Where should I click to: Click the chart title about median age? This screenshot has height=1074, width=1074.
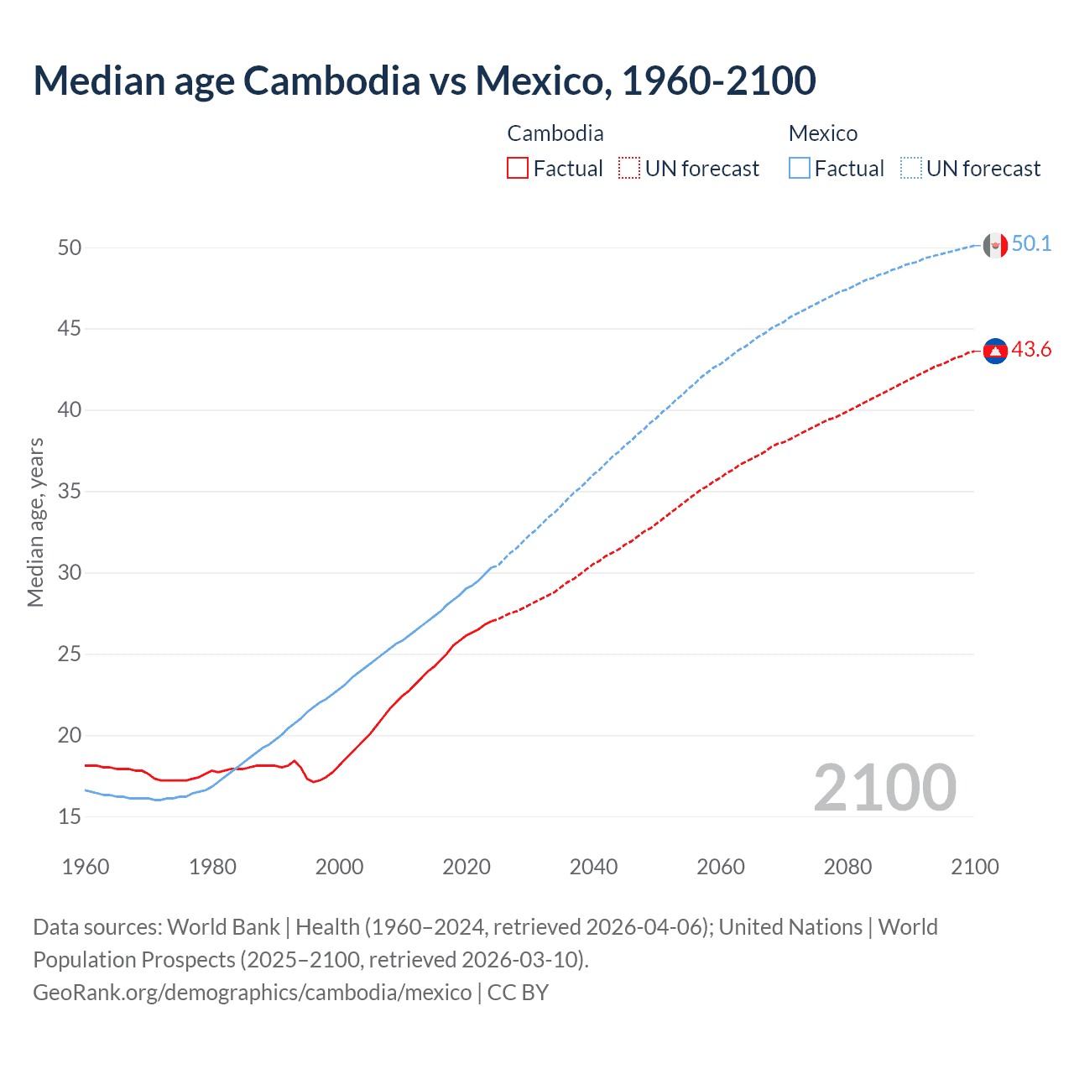coord(424,81)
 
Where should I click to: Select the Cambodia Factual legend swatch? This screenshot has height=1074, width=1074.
coord(518,168)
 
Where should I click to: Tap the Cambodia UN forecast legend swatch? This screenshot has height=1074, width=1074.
coord(629,168)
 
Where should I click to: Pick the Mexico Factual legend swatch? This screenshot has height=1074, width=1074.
coord(800,168)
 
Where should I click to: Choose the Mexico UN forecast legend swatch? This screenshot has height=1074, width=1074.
coord(911,168)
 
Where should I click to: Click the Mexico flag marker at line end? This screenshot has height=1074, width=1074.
coord(995,245)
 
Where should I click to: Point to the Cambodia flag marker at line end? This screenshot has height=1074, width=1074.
coord(995,351)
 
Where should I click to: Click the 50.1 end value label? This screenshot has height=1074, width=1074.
coord(1031,244)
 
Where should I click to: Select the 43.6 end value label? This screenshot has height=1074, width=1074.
coord(1031,350)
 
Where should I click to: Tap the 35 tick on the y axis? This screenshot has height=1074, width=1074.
coord(70,491)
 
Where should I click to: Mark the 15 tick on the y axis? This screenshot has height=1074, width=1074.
coord(70,816)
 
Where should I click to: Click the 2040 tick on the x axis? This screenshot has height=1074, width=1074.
coord(593,867)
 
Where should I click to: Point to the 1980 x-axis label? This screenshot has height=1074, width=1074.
coord(212,867)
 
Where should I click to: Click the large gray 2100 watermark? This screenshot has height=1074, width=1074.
coord(884,787)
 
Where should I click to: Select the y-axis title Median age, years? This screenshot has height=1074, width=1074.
coord(35,522)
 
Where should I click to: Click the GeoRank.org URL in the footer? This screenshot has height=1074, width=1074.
coord(252,993)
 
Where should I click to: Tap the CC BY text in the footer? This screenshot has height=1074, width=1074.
coord(518,993)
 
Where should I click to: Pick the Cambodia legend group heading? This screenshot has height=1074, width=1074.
coord(555,133)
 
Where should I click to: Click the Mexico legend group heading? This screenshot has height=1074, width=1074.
coord(822,133)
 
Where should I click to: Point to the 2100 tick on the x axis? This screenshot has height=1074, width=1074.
coord(974,867)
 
